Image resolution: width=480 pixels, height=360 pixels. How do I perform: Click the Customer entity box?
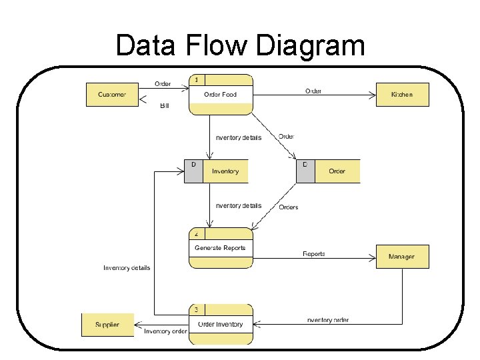click(x=112, y=95)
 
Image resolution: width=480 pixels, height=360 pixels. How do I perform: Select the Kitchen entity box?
click(x=402, y=95)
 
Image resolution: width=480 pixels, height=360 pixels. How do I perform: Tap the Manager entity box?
click(x=402, y=257)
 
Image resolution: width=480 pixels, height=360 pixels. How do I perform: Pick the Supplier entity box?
click(x=107, y=325)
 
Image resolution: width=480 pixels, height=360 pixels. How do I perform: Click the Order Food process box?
click(x=221, y=95)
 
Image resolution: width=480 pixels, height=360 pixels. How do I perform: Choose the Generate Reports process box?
click(x=221, y=248)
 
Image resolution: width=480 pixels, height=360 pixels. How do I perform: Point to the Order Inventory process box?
click(x=221, y=325)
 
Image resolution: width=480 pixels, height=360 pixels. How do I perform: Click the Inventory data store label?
click(x=225, y=171)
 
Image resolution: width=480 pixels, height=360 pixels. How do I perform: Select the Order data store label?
click(x=337, y=171)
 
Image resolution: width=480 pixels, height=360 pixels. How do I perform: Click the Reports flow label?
click(x=314, y=254)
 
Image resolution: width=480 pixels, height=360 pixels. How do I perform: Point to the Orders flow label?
click(x=289, y=207)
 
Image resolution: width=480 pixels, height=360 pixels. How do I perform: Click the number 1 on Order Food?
click(x=197, y=80)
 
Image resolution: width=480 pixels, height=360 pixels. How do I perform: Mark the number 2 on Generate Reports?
click(x=197, y=234)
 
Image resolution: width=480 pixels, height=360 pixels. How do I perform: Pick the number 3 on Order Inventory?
click(x=197, y=310)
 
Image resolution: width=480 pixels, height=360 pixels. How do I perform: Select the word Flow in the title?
click(x=217, y=47)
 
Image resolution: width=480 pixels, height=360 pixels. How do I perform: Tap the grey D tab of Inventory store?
click(x=193, y=171)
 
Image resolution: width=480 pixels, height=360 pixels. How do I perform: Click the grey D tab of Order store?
click(x=305, y=171)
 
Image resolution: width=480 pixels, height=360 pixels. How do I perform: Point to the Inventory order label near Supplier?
click(x=165, y=331)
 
